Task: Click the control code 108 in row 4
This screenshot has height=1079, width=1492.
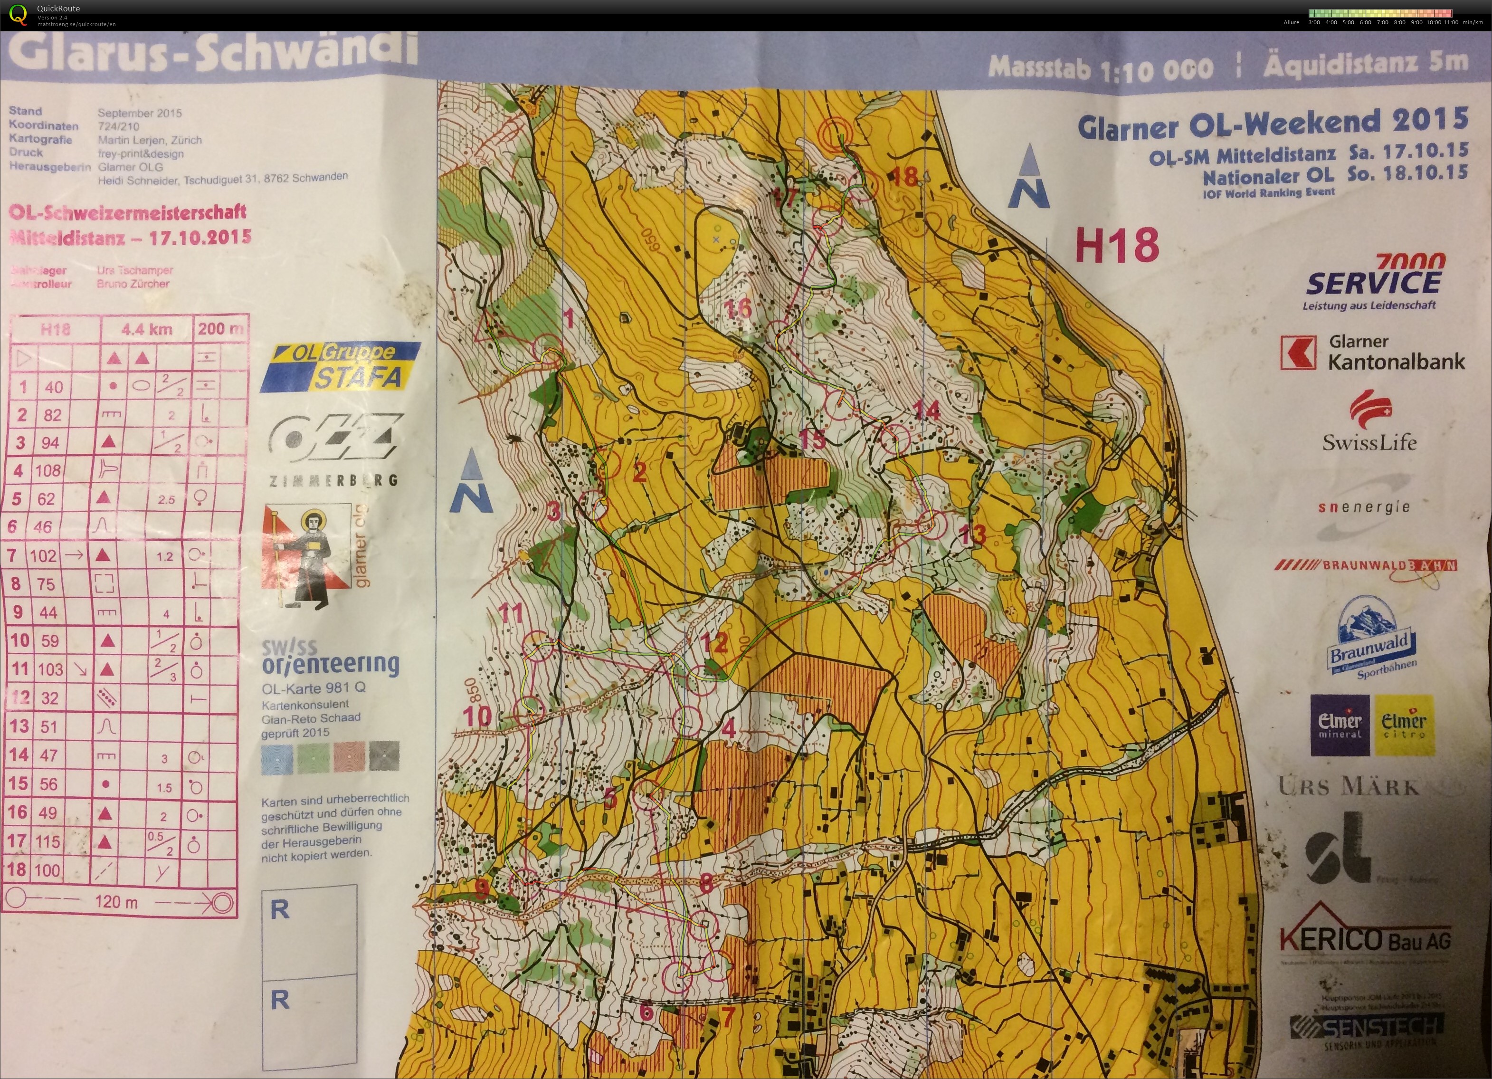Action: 48,471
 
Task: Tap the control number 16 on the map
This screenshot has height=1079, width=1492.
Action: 737,308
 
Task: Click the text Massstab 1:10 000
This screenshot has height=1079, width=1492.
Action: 1100,68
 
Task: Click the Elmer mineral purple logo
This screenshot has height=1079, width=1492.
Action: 1340,725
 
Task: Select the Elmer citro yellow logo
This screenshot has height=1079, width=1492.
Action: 1403,725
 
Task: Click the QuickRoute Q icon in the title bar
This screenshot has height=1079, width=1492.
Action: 19,14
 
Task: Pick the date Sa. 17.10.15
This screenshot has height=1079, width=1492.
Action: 1408,151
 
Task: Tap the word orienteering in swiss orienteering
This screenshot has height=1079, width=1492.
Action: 330,665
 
